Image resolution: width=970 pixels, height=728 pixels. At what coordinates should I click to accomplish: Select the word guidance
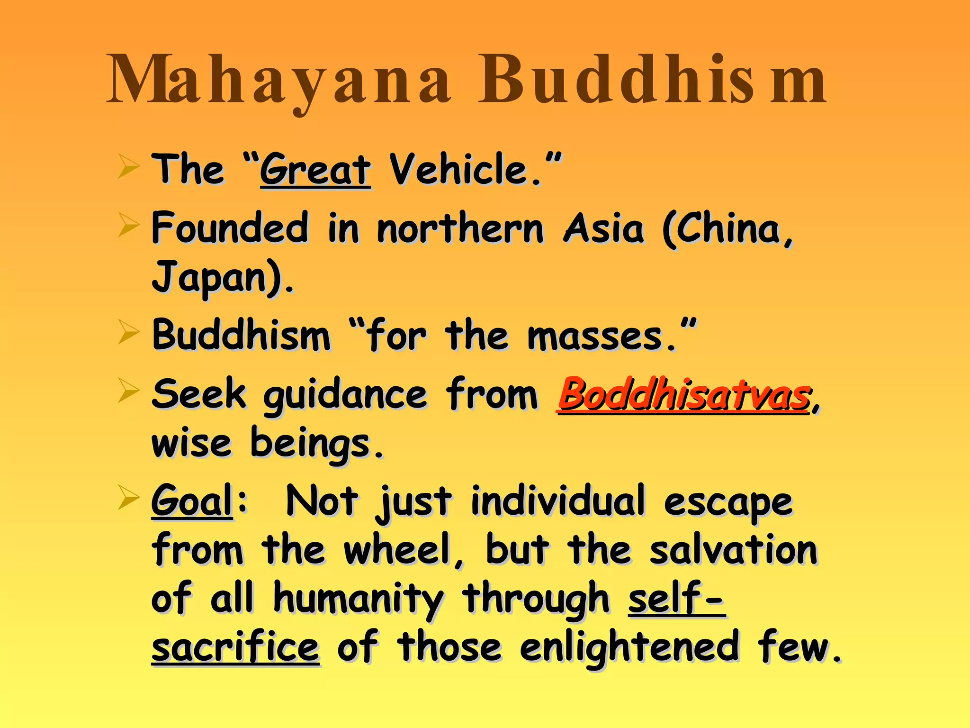click(345, 396)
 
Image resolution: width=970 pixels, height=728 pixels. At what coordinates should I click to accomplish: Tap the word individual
click(558, 501)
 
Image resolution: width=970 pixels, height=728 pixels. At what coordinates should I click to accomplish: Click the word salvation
click(733, 550)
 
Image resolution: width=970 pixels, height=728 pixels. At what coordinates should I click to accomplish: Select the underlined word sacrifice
click(235, 647)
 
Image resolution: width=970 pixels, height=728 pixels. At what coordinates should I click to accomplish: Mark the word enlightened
click(629, 647)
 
